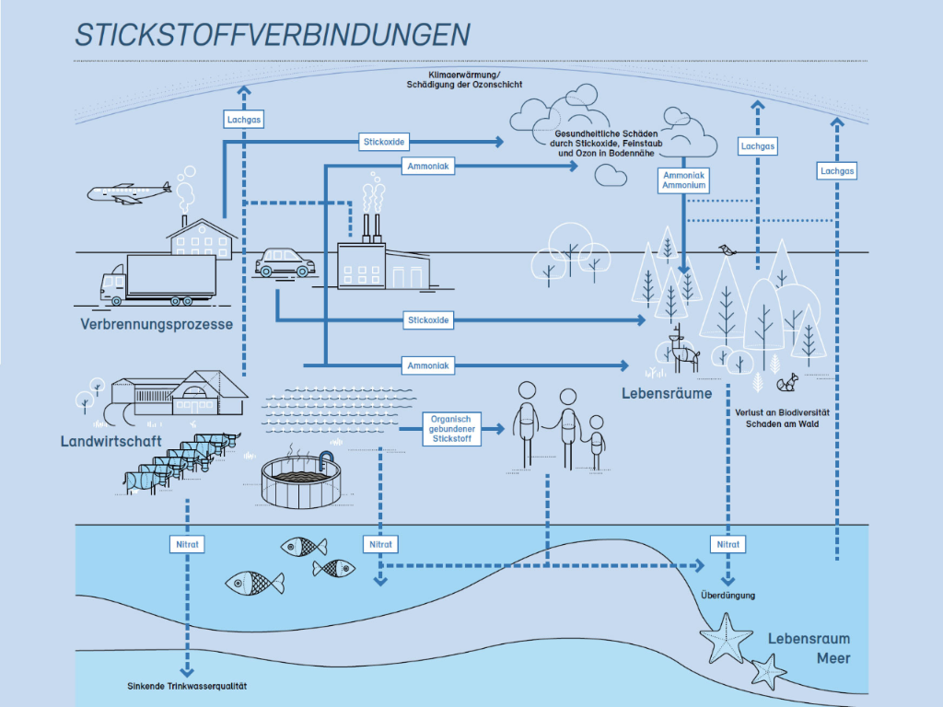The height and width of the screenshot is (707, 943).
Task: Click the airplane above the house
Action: [129, 193]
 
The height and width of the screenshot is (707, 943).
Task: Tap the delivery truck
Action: [158, 280]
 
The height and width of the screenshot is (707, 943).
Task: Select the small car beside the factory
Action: [285, 262]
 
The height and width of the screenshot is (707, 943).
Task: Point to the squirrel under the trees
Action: [787, 382]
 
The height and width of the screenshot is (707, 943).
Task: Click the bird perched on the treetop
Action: [728, 249]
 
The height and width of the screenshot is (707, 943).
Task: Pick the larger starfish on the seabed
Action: [726, 638]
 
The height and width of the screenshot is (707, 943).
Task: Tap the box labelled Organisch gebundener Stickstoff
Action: [451, 429]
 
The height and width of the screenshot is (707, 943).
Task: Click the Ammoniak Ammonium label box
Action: [684, 180]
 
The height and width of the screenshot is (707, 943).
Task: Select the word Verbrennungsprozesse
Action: [157, 324]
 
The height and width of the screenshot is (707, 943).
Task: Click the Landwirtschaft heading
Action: [111, 441]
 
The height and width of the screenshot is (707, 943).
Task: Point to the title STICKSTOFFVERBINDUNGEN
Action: [273, 35]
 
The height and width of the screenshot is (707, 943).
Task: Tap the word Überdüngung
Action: [728, 596]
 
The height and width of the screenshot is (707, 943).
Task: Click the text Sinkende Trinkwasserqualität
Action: [187, 686]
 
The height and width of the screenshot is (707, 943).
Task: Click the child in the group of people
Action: [596, 443]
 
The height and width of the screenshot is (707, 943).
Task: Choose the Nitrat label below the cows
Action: [187, 544]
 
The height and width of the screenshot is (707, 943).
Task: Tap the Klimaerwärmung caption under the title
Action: [464, 79]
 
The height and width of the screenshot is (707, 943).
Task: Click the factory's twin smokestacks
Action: [371, 228]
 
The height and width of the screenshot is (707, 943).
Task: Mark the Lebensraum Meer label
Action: [809, 648]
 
